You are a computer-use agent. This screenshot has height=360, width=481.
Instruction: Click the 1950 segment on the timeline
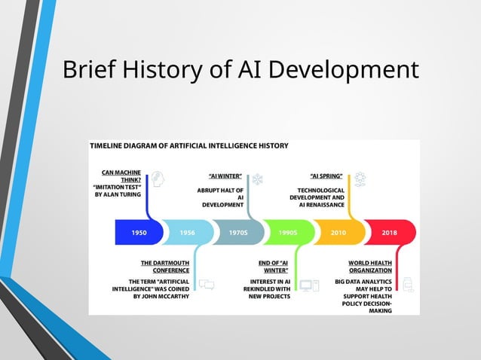pyautogui.click(x=139, y=233)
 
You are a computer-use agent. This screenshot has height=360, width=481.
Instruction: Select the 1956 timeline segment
pyautogui.click(x=188, y=233)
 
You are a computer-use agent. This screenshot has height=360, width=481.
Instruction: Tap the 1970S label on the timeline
pyautogui.click(x=238, y=233)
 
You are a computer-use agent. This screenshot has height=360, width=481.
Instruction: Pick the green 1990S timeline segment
pyautogui.click(x=287, y=233)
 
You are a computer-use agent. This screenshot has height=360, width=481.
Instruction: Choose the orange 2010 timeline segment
pyautogui.click(x=338, y=233)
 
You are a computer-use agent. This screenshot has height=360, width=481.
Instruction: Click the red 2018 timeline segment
pyautogui.click(x=390, y=233)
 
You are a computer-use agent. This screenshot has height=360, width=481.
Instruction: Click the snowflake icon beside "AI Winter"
pyautogui.click(x=258, y=179)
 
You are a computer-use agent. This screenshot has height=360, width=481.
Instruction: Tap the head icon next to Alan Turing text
pyautogui.click(x=158, y=178)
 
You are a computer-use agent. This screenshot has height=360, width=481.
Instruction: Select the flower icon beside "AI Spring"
pyautogui.click(x=360, y=179)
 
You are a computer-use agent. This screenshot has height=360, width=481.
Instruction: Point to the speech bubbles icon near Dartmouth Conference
pyautogui.click(x=206, y=285)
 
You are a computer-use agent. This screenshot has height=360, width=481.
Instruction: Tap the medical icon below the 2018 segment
pyautogui.click(x=408, y=285)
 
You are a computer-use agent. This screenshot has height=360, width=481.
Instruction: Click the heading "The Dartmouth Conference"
pyautogui.click(x=165, y=267)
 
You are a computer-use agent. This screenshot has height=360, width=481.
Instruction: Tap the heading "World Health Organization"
pyautogui.click(x=369, y=267)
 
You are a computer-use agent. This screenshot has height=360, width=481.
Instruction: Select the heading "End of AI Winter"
pyautogui.click(x=275, y=267)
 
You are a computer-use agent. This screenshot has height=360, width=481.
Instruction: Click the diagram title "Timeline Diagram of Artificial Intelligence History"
pyautogui.click(x=188, y=146)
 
